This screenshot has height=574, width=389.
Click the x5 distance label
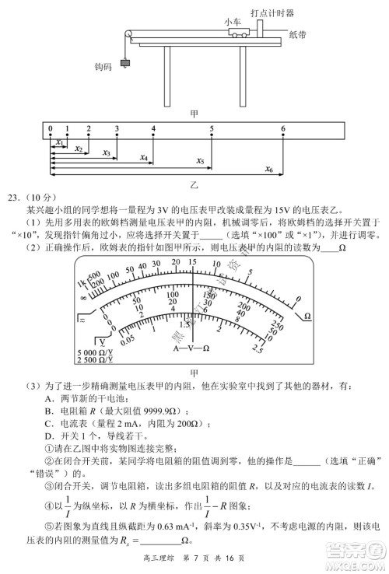coord(200,161)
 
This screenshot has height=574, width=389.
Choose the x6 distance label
coord(268,169)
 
